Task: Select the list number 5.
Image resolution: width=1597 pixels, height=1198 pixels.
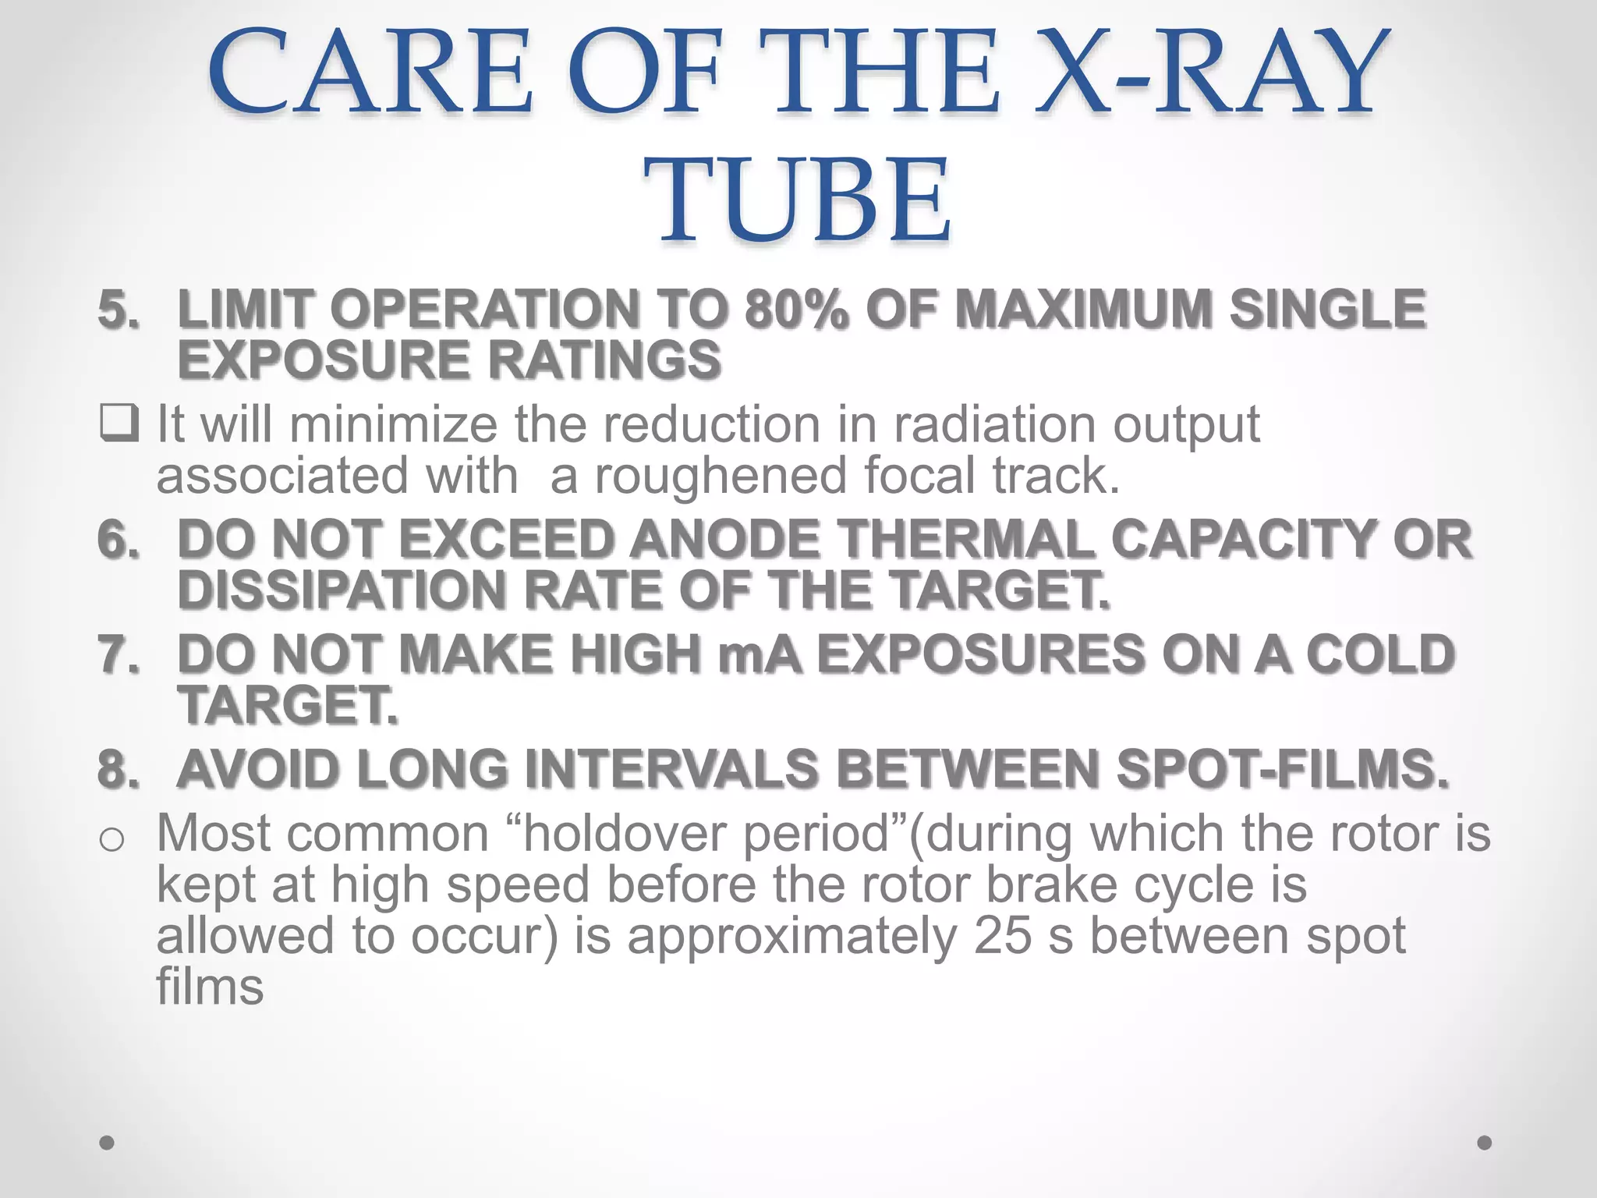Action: [x=118, y=308]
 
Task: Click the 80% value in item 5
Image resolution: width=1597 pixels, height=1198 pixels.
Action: [x=795, y=308]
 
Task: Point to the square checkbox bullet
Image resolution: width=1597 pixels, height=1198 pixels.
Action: [x=119, y=424]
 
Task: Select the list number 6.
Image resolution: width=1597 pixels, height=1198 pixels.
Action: [x=118, y=539]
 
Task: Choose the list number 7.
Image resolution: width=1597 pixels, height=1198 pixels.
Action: [x=118, y=654]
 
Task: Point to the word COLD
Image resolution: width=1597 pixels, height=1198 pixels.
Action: [x=1379, y=654]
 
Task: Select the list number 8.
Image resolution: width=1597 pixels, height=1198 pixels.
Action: [x=118, y=768]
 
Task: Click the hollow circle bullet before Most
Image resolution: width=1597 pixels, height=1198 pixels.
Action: [x=112, y=839]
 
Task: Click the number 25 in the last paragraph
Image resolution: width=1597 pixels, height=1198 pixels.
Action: [x=1002, y=936]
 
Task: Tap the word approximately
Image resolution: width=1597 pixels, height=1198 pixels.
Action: [x=792, y=936]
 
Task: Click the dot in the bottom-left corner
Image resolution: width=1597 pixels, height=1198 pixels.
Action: [x=108, y=1143]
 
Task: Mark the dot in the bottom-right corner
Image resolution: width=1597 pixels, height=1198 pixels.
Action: [x=1485, y=1143]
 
